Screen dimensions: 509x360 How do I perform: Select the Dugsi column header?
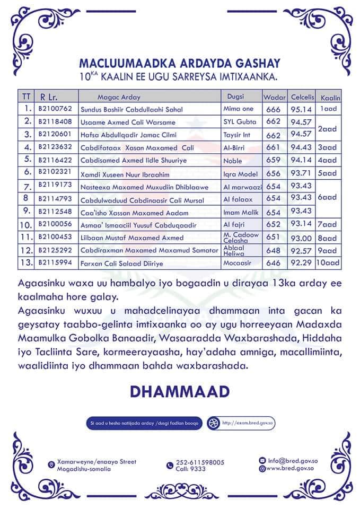[235, 96]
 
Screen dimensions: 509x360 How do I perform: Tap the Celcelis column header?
[303, 97]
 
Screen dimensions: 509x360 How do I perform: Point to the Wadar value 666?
[274, 109]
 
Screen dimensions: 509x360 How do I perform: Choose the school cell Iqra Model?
[240, 174]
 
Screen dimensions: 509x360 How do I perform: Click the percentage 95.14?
[302, 109]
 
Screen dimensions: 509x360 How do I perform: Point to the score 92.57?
[302, 250]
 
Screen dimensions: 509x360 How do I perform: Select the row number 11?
[25, 237]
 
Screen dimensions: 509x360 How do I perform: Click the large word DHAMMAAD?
[180, 391]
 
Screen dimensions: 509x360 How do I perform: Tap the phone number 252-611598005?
[200, 462]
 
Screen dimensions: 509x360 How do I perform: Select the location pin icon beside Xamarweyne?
[51, 465]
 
